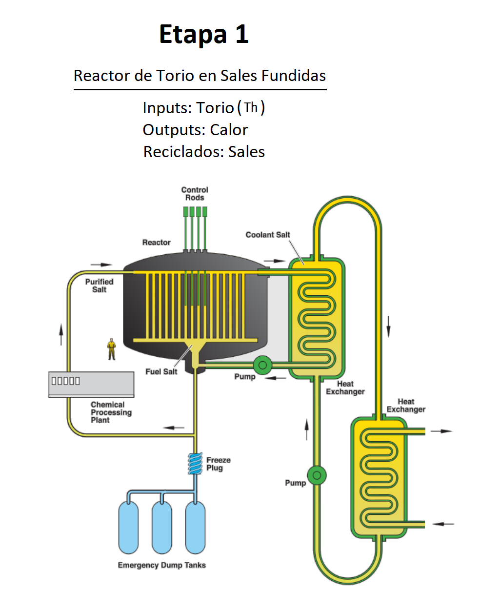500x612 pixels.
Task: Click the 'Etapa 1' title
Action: [204, 34]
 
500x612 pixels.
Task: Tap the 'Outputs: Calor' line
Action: [195, 130]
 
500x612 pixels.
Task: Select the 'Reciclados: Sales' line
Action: [204, 152]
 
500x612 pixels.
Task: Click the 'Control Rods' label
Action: [195, 194]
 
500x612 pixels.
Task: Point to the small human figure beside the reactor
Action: [112, 349]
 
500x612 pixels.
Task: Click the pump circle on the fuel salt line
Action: [262, 365]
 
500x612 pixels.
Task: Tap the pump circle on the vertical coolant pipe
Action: [317, 475]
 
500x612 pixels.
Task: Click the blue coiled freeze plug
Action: [195, 463]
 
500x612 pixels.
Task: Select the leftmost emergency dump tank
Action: [129, 529]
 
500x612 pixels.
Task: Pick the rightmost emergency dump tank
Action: [195, 529]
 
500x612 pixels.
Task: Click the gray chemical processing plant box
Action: [91, 384]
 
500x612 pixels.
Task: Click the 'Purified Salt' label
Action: [99, 286]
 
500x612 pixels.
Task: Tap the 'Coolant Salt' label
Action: [268, 235]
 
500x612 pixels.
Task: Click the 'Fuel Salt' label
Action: [161, 371]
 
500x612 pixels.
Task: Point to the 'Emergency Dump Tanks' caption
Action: [161, 565]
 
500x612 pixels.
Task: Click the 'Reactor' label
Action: [156, 243]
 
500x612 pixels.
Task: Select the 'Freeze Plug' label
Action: [218, 464]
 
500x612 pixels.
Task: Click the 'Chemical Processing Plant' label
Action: [111, 412]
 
